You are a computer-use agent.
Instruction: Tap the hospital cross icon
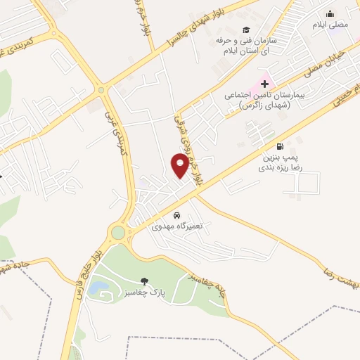[264, 84]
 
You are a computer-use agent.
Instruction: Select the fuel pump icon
[281, 146]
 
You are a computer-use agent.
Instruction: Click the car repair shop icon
[177, 215]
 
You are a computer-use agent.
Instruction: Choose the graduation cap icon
[246, 30]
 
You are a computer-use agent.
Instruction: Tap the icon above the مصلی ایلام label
[330, 13]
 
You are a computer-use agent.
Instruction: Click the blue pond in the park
[100, 287]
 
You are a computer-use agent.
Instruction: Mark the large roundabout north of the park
[117, 232]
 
